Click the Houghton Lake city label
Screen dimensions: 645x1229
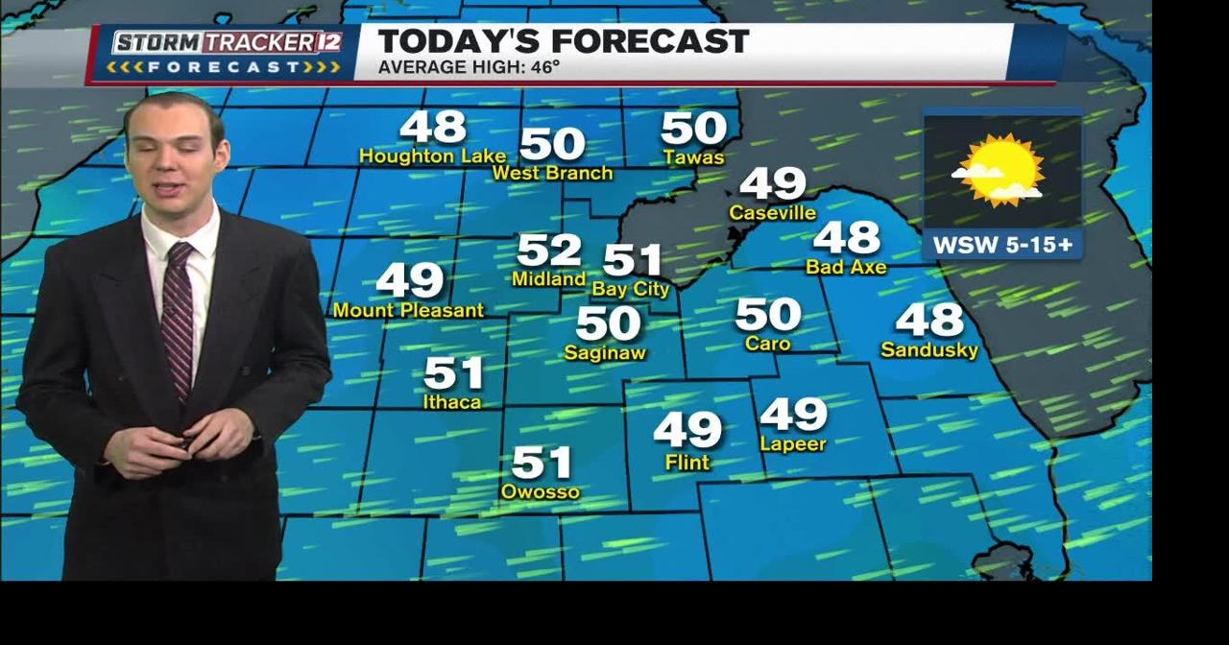coord(431,155)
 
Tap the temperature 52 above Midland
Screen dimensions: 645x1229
coord(549,251)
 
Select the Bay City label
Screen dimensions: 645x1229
coord(630,289)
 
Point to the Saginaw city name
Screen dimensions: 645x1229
coord(605,353)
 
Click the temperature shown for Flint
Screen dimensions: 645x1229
coord(687,430)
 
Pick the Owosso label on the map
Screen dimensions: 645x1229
coord(541,492)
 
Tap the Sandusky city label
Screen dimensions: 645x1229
coord(929,350)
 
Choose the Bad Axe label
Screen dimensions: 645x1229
coord(846,268)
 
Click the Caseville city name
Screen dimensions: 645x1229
coord(772,213)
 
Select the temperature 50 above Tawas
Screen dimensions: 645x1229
coord(693,129)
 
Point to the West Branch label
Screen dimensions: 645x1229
coord(552,174)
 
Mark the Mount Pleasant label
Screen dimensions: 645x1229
coord(408,311)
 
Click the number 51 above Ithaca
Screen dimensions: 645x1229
coord(453,372)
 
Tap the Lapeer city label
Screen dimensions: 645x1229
coord(793,444)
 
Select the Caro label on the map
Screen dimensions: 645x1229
coord(768,344)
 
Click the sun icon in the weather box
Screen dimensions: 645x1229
coord(1003,170)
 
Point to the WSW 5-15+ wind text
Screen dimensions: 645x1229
coord(1002,246)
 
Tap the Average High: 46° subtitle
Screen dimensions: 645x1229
coord(469,67)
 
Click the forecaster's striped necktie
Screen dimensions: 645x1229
coord(178,317)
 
